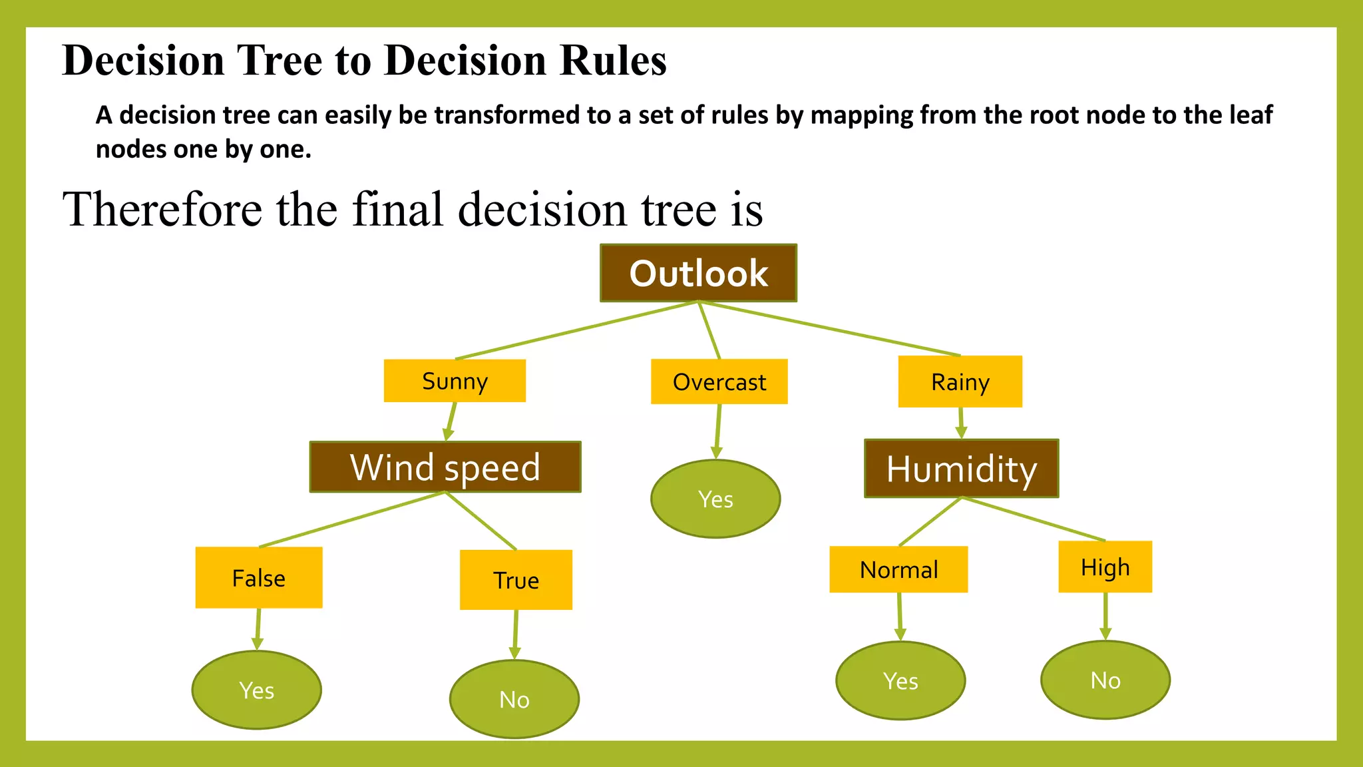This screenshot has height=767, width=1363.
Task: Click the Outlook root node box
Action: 698,273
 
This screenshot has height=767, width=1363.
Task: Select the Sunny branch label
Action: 455,381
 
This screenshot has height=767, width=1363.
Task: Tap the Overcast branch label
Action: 719,382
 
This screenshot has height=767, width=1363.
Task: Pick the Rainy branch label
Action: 960,382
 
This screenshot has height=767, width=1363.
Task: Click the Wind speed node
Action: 445,467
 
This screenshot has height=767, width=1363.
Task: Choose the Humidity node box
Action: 961,468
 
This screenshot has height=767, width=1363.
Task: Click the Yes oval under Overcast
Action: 715,499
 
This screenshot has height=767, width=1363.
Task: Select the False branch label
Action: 259,577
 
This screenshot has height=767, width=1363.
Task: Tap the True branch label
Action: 516,580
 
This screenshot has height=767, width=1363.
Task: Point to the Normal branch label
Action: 898,569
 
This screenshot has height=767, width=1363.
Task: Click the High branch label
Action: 1105,567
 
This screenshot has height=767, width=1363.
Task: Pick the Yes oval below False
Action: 257,690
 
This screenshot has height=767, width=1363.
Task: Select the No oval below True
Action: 514,699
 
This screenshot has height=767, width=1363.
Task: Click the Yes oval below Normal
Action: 900,680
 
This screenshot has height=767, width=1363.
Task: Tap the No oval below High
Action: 1105,680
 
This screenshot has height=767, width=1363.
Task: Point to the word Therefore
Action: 162,209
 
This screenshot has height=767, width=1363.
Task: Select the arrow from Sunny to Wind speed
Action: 451,421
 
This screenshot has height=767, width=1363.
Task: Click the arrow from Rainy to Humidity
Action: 960,422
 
